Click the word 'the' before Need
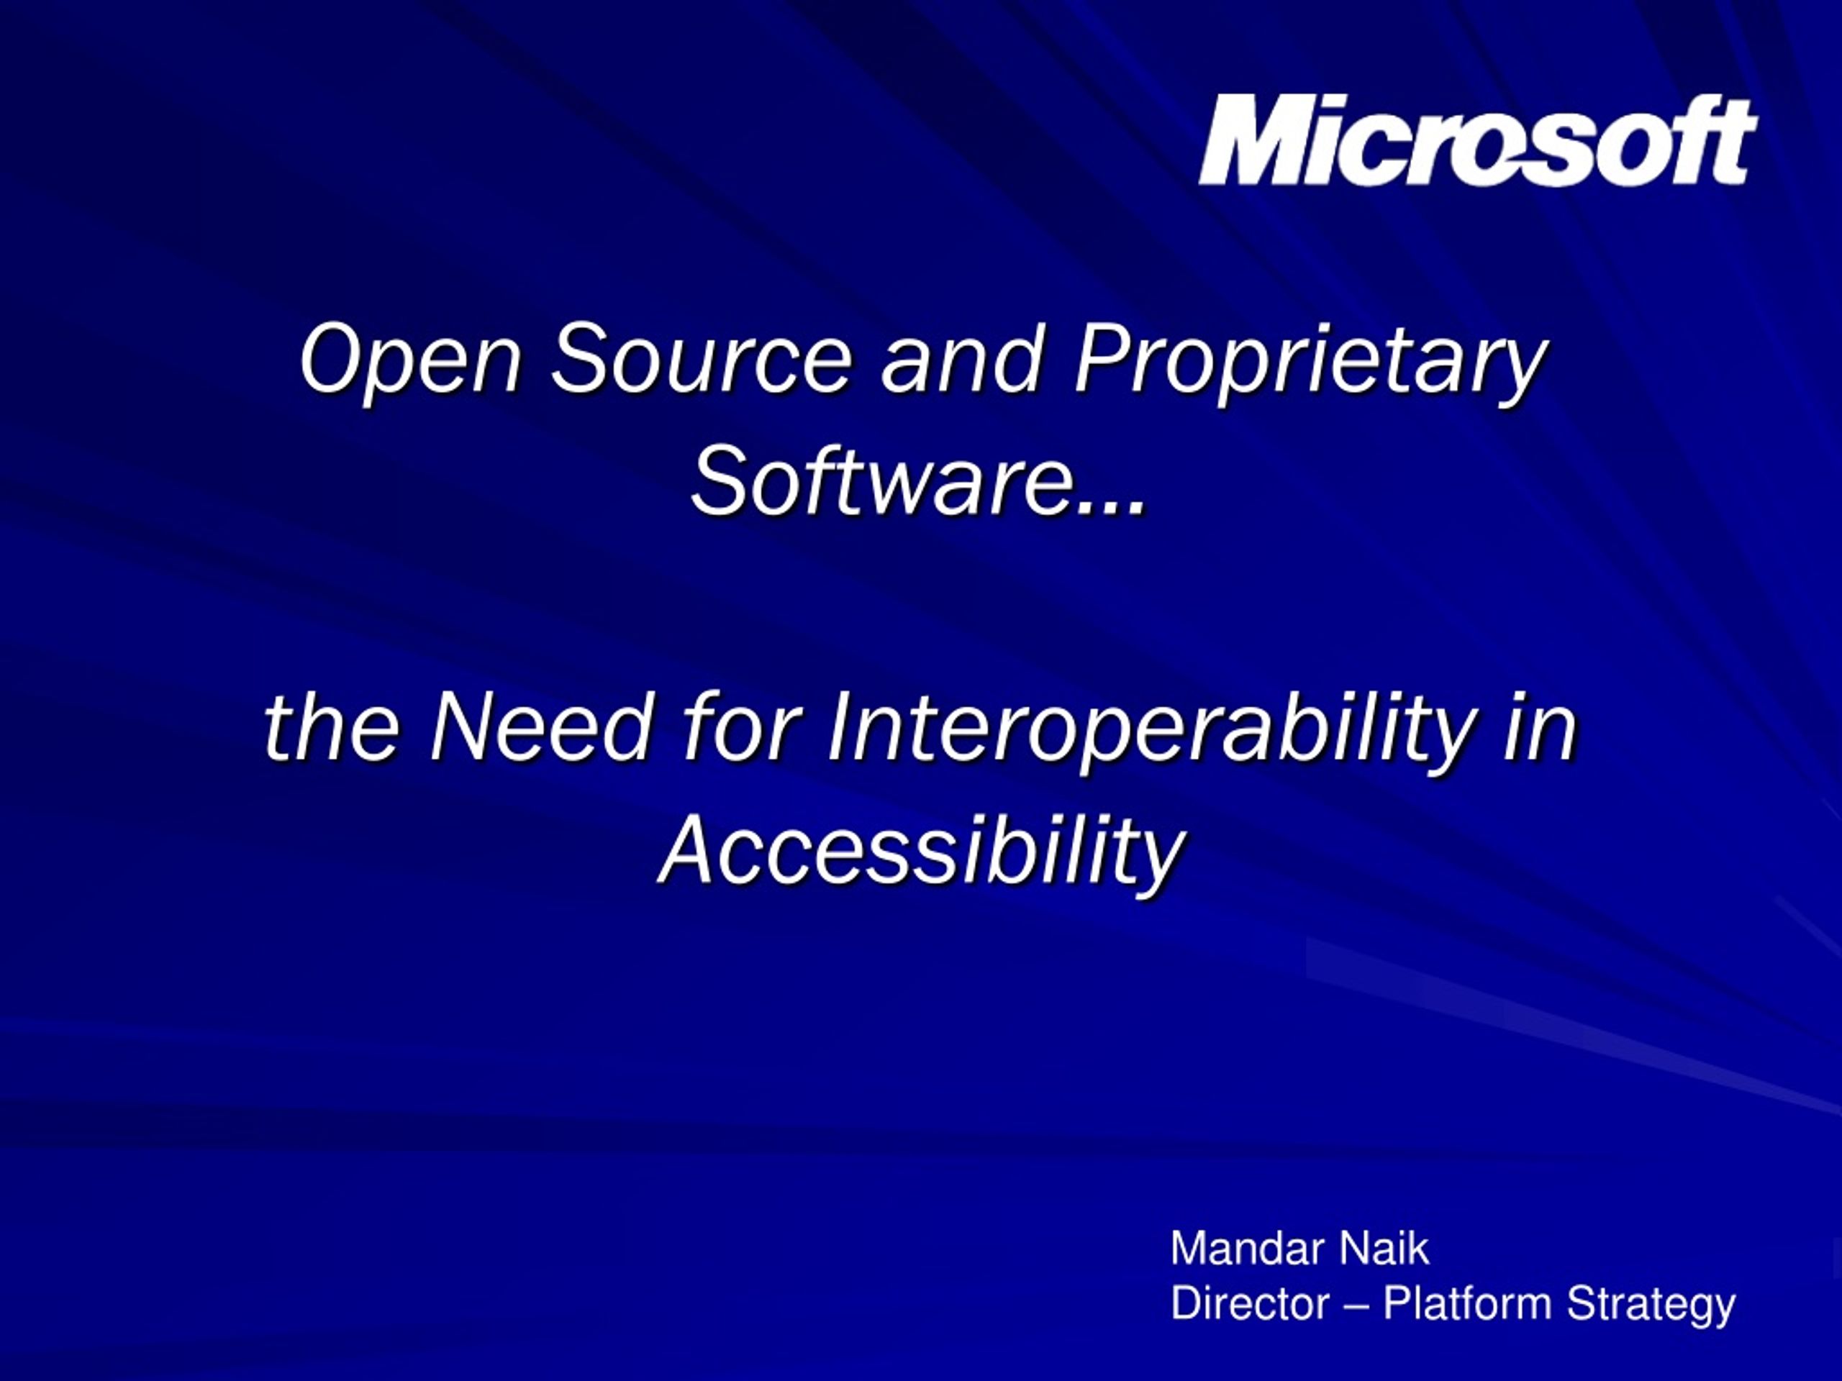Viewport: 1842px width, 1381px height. (332, 726)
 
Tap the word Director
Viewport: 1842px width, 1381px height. (1250, 1303)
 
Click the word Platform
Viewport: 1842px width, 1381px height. (1466, 1303)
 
